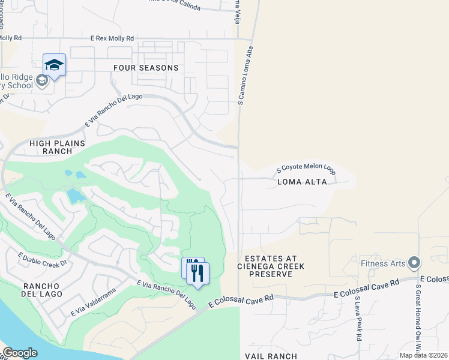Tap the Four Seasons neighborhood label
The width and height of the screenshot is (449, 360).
[x=146, y=68]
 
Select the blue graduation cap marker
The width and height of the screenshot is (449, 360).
[x=54, y=65]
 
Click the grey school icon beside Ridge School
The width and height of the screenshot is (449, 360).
[x=42, y=80]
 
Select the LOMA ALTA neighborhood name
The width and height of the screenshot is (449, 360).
[x=303, y=181]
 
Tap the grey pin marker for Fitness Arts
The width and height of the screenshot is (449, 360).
[x=413, y=263]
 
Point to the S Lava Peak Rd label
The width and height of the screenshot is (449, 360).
[x=357, y=327]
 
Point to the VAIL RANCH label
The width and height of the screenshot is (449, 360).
[x=271, y=356]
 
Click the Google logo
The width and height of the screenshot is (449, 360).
[x=20, y=352]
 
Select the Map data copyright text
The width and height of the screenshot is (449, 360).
[x=424, y=355]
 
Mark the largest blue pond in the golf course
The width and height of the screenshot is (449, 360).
[x=74, y=196]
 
